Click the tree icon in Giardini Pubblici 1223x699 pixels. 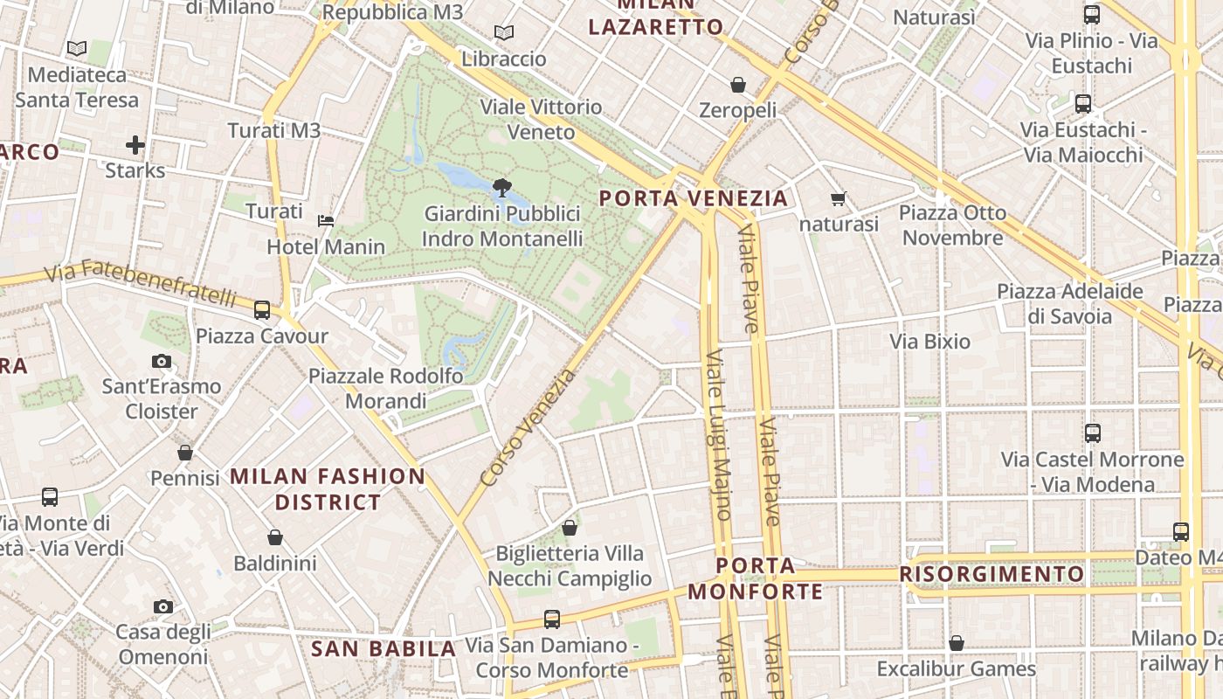501,186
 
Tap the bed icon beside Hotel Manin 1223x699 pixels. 326,220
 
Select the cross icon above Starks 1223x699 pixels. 135,144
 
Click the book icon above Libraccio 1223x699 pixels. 504,33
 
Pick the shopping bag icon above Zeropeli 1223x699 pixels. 738,85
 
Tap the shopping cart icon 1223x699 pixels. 839,199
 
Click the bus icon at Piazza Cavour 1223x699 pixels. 261,309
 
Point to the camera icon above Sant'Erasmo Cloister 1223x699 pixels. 162,361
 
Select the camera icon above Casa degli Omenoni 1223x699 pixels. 162,606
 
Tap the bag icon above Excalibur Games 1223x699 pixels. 957,643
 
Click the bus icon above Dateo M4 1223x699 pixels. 1181,531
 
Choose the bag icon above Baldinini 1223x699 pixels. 275,536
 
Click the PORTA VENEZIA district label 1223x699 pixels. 694,198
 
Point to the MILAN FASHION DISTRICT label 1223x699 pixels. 328,489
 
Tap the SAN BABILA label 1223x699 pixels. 383,649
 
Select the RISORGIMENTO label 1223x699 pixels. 992,574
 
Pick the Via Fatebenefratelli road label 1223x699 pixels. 140,282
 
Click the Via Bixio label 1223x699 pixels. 929,341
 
